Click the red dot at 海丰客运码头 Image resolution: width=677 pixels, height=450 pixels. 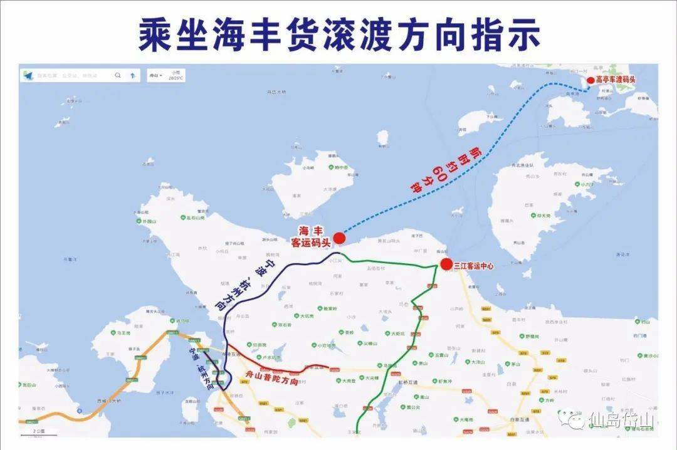pyautogui.click(x=339, y=238)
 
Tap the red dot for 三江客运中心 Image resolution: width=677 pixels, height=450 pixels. pyautogui.click(x=446, y=264)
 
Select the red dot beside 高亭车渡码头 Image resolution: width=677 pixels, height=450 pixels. pyautogui.click(x=590, y=80)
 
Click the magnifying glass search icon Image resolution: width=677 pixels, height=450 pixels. pyautogui.click(x=117, y=75)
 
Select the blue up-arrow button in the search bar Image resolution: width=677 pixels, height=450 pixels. pyautogui.click(x=132, y=75)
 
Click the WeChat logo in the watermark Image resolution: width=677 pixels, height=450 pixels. pyautogui.click(x=572, y=419)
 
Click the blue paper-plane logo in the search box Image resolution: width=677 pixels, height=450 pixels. pyautogui.click(x=28, y=75)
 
